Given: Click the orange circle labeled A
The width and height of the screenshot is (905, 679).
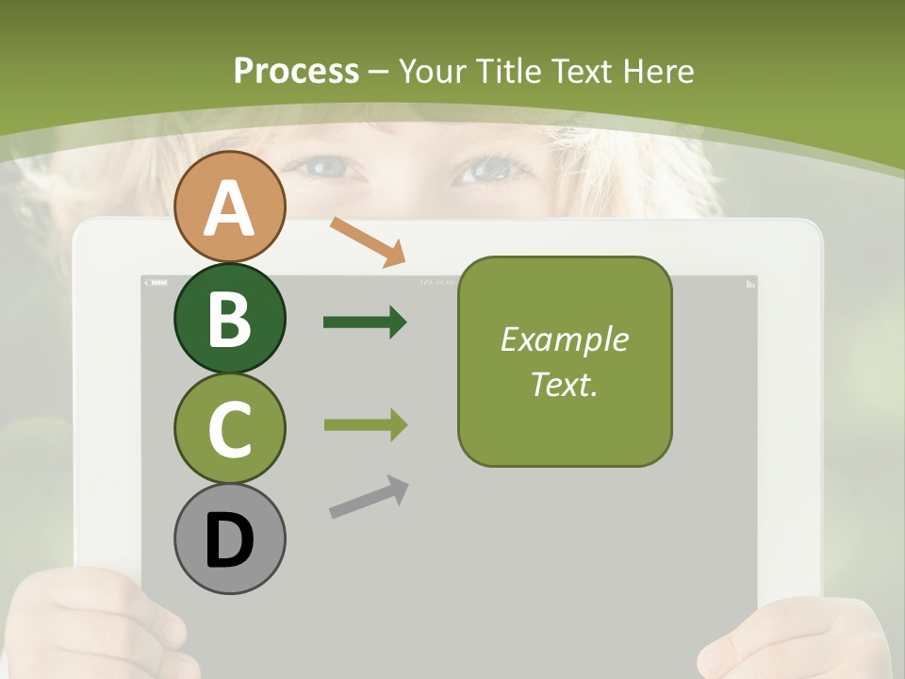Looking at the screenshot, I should point(229,207).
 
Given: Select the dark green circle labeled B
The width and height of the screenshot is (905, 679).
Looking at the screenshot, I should point(229,318).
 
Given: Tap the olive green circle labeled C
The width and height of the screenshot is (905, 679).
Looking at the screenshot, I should point(229,429).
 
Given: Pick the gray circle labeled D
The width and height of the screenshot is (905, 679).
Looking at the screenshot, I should point(229,539).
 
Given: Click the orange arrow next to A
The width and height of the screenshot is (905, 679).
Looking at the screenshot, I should point(368,241).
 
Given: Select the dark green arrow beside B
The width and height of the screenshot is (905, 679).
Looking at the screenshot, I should point(365,323).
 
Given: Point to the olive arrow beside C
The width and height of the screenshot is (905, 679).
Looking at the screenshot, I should point(365,424).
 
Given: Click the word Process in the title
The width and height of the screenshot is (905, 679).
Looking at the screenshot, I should point(296,71).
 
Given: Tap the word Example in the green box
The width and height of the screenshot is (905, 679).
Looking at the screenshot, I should point(564,339).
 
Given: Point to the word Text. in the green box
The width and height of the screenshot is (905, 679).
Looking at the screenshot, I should point(564,384).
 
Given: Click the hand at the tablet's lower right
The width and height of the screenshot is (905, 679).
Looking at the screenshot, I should point(801,641).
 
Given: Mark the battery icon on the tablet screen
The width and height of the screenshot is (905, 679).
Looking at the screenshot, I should point(156,282).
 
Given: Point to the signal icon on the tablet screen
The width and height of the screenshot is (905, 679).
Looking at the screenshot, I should point(750,283).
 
